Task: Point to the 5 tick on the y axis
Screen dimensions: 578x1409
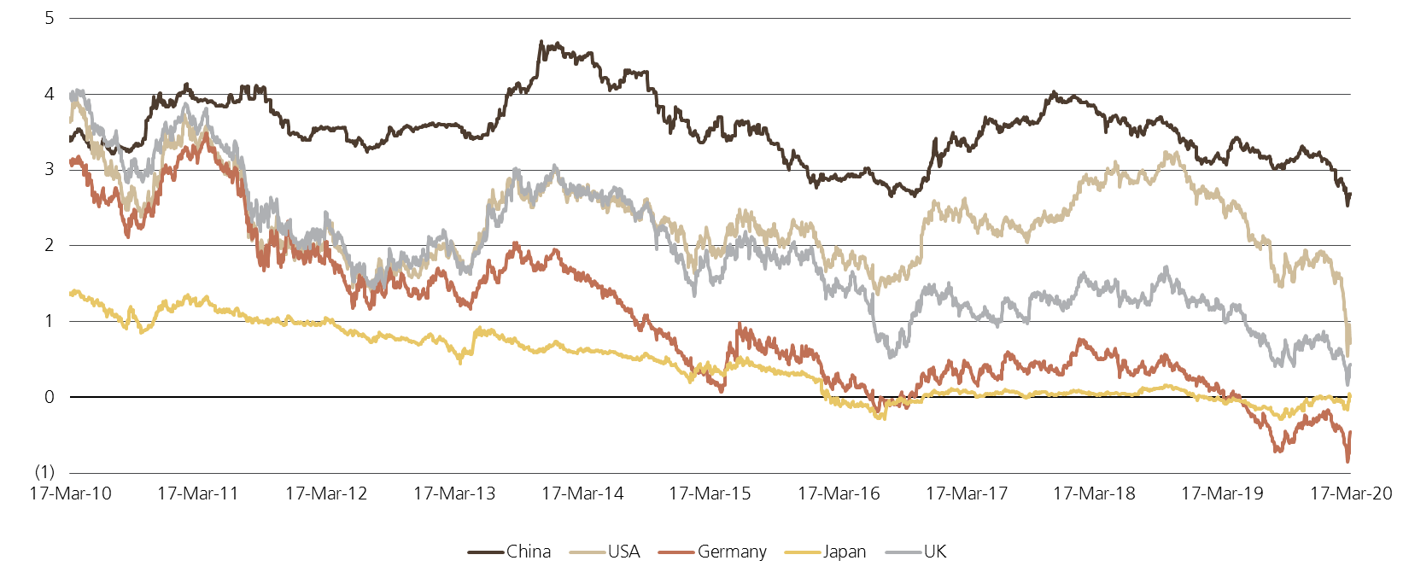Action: pyautogui.click(x=49, y=18)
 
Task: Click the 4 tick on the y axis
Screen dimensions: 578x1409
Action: pyautogui.click(x=49, y=94)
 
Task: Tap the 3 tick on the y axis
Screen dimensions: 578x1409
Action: pyautogui.click(x=49, y=169)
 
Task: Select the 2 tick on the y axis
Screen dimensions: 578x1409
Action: pyautogui.click(x=49, y=245)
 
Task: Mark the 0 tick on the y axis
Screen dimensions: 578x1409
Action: pyautogui.click(x=49, y=397)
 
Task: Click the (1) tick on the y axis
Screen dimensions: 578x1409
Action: pyautogui.click(x=45, y=472)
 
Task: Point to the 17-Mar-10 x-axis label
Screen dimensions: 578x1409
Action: pyautogui.click(x=70, y=493)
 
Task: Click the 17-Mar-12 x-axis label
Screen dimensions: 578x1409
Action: pyautogui.click(x=326, y=493)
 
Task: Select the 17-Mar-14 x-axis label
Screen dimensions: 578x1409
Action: pyautogui.click(x=582, y=493)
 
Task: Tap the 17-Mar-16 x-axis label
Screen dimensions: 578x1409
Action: pyautogui.click(x=839, y=493)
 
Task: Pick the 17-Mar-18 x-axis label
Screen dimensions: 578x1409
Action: pyautogui.click(x=1094, y=493)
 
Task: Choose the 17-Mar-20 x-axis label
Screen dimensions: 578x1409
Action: pyautogui.click(x=1350, y=493)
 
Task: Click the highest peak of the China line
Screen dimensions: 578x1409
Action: pyautogui.click(x=541, y=41)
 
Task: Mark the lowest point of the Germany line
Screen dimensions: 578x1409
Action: pyautogui.click(x=1348, y=461)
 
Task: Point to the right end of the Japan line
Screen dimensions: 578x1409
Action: pyautogui.click(x=1350, y=394)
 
